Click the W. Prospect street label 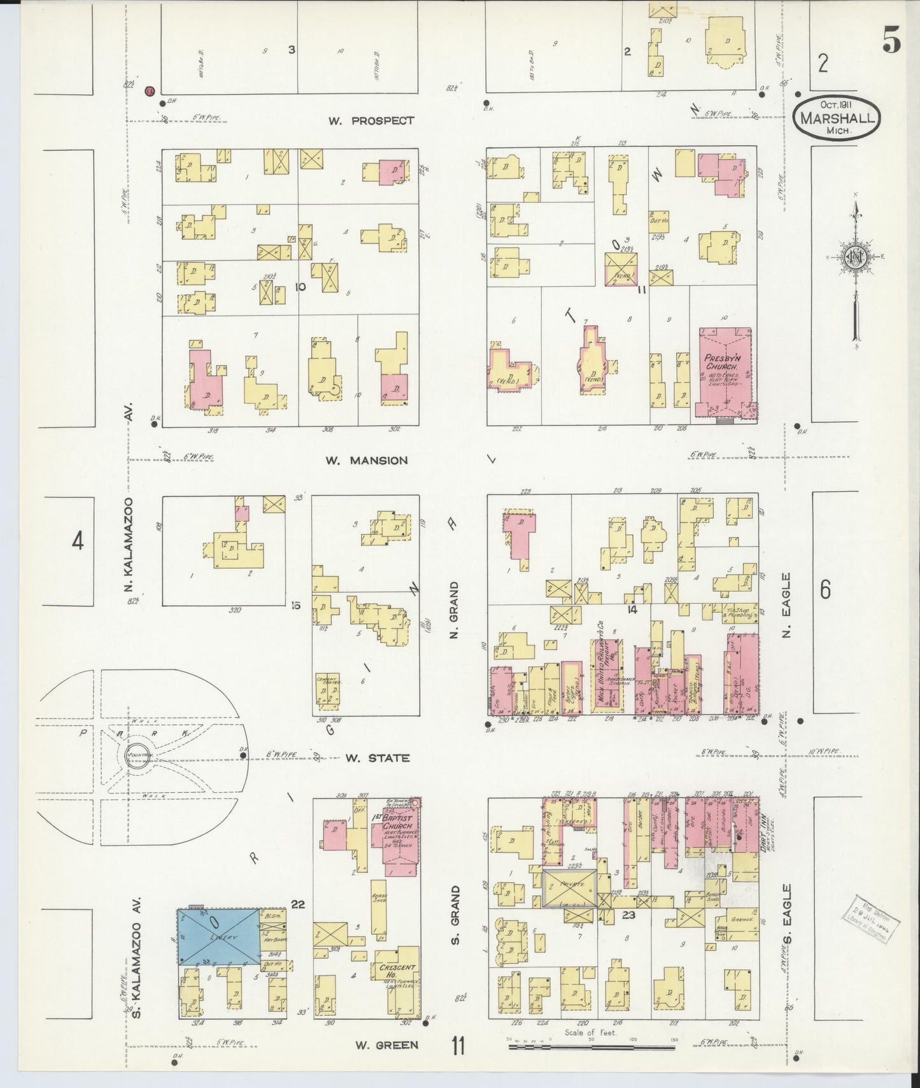pos(371,121)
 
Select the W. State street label pos(378,758)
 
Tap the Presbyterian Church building pos(724,372)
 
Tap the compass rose pos(855,258)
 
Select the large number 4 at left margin pos(77,541)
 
